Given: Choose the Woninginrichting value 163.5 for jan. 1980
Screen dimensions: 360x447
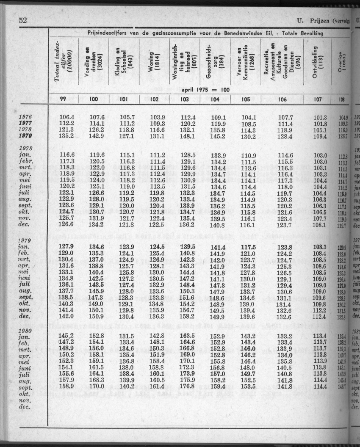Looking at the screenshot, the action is (x=187, y=336).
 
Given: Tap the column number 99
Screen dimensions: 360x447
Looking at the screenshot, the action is (x=62, y=99).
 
